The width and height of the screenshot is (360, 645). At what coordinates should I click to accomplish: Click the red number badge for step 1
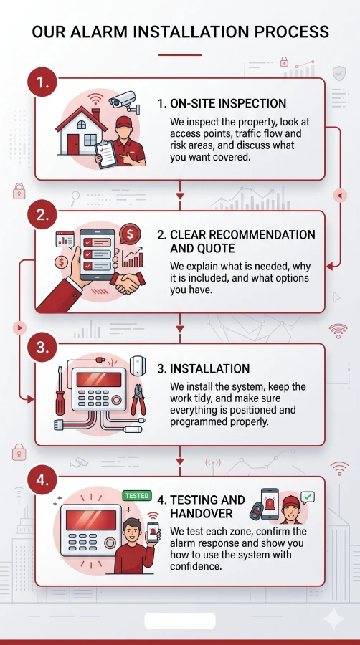[42, 82]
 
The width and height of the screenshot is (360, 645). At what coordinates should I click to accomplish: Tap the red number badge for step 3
[42, 348]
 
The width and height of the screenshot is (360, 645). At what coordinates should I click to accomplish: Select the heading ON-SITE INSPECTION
[222, 103]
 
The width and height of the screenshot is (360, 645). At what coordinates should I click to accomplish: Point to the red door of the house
[73, 144]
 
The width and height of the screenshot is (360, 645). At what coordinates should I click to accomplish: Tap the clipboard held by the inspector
[106, 154]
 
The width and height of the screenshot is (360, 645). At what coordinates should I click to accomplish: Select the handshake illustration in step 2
[128, 282]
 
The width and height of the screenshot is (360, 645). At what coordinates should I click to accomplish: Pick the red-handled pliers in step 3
[138, 399]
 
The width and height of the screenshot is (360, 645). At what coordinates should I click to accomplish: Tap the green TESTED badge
[137, 495]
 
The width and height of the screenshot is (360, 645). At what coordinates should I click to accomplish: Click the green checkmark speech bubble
[308, 498]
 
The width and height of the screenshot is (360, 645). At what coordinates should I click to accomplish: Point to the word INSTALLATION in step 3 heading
[210, 368]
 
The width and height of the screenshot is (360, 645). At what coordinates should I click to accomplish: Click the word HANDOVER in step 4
[202, 513]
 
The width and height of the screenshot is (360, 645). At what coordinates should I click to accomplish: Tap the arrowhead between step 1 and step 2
[180, 196]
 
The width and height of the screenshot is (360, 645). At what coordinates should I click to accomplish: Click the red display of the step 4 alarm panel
[91, 520]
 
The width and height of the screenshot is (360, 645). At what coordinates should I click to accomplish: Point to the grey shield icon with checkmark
[339, 73]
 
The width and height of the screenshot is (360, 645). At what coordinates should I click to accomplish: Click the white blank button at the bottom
[180, 621]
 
